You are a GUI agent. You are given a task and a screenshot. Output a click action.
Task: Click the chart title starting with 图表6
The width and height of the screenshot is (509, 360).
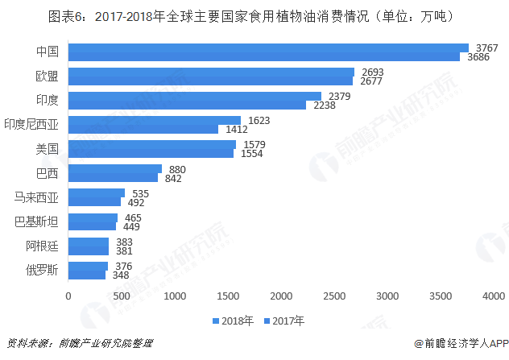pos(254,14)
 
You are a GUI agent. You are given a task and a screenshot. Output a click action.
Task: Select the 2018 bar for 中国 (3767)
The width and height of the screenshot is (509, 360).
pos(268,48)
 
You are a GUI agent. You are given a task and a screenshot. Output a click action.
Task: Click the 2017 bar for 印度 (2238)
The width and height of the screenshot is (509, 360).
pos(187,105)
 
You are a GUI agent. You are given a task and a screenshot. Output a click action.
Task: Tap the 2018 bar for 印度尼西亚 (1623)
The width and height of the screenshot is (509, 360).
pos(155,120)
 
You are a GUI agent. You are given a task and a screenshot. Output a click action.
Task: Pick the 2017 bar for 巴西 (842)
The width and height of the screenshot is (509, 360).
pos(113,177)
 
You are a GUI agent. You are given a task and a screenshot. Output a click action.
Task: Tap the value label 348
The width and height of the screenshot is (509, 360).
pos(121,275)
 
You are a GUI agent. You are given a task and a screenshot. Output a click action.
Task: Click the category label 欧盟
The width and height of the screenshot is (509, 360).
pos(47,76)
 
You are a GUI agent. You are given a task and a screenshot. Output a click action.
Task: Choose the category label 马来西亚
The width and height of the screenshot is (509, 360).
pos(37,197)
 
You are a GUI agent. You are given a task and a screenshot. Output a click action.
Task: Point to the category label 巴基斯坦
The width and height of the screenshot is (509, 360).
pos(37,221)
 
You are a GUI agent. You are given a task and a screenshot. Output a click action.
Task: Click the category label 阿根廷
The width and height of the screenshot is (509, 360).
pos(42,246)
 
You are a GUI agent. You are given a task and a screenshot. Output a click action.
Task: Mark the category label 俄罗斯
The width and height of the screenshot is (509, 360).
pos(42,270)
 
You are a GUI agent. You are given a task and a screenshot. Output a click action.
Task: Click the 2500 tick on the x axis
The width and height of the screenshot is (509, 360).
pos(334,296)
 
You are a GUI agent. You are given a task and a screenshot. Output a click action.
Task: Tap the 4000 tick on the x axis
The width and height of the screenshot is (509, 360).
pos(493,296)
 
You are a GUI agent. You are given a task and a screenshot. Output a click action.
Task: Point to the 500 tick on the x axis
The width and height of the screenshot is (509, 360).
pos(122,296)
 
